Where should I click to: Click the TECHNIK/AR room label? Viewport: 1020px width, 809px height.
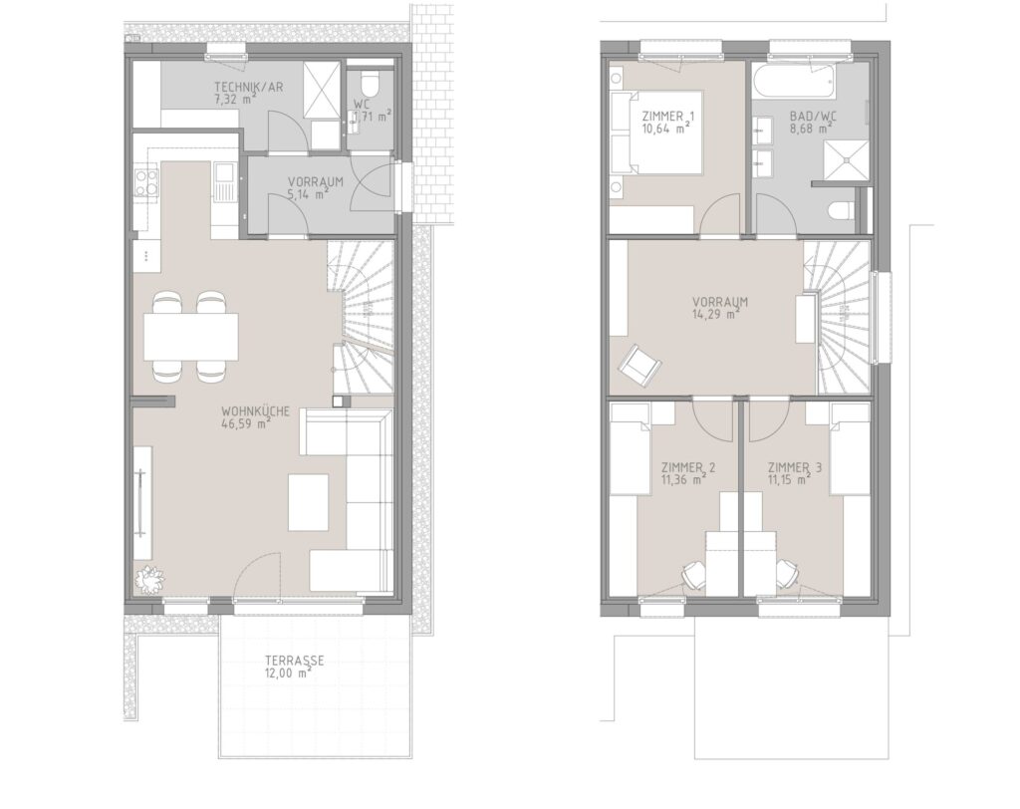248,88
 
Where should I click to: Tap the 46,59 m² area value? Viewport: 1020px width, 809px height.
246,424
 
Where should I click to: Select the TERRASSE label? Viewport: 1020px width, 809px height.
294,662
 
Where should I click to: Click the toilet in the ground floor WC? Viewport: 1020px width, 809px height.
370,85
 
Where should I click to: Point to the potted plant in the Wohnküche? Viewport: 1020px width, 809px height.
150,579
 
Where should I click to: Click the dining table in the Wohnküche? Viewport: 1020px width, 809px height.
190,337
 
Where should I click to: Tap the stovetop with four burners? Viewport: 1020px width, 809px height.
146,181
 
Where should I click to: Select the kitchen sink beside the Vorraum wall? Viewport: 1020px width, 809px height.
224,181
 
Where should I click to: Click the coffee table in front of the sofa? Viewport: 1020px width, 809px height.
309,502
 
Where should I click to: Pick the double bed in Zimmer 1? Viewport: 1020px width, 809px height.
657,133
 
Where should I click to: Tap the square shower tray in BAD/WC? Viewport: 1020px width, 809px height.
847,160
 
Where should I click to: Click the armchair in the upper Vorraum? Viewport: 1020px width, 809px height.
639,364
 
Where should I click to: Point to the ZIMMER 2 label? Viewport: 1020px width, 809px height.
688,468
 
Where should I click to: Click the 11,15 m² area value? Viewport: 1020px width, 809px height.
789,480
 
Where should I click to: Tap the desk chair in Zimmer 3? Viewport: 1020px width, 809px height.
787,574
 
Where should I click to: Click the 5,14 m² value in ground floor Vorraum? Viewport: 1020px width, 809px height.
307,194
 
